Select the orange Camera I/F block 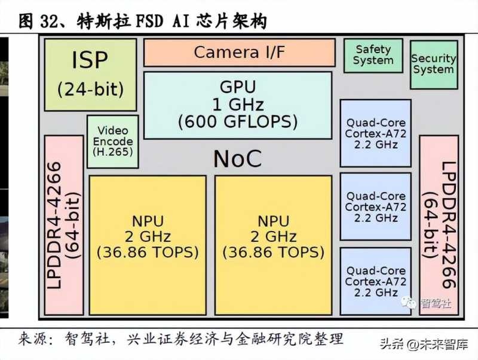point(239,52)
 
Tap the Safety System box point(373,55)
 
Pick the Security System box point(433,64)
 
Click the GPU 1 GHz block point(238,105)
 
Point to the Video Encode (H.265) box point(113,141)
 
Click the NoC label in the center point(237,159)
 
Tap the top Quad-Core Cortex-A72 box point(375,133)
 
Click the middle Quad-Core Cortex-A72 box point(375,207)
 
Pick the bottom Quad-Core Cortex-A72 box point(375,281)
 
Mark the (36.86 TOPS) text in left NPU point(148,252)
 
